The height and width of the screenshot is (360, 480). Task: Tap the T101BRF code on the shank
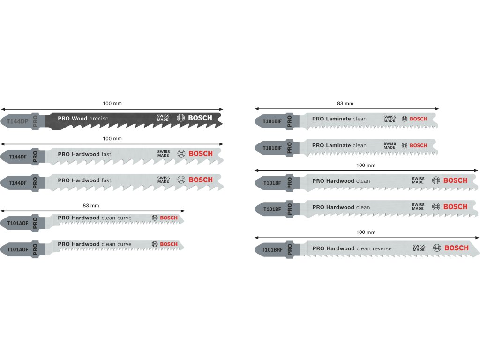click(x=272, y=248)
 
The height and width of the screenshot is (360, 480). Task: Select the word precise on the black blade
click(x=98, y=119)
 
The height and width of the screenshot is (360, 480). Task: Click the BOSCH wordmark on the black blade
click(x=200, y=118)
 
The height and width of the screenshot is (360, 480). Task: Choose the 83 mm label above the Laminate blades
click(x=345, y=103)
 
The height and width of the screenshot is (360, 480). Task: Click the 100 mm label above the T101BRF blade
click(x=366, y=232)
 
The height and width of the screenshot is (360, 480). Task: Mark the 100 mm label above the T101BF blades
click(x=366, y=165)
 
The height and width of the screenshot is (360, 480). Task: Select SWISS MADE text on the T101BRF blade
click(x=419, y=248)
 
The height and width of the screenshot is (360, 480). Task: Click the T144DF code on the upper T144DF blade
click(x=17, y=156)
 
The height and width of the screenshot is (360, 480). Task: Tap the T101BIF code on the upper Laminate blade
click(x=272, y=121)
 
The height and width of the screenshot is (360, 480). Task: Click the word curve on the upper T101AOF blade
click(x=125, y=218)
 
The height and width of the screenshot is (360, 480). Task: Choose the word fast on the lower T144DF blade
click(x=106, y=180)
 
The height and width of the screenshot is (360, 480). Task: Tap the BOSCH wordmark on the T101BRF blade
click(x=456, y=248)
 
